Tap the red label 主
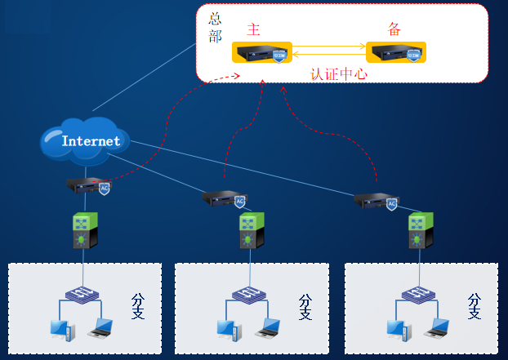pyautogui.click(x=253, y=30)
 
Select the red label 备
pyautogui.click(x=394, y=30)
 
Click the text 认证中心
pyautogui.click(x=338, y=73)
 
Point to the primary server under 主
pyautogui.click(x=261, y=54)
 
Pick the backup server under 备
pyautogui.click(x=396, y=54)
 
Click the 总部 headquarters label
pyautogui.click(x=215, y=27)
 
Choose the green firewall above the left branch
pyautogui.click(x=85, y=231)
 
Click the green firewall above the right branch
pyautogui.click(x=420, y=232)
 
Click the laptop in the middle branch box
pyautogui.click(x=268, y=328)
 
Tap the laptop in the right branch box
pyautogui.click(x=438, y=328)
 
